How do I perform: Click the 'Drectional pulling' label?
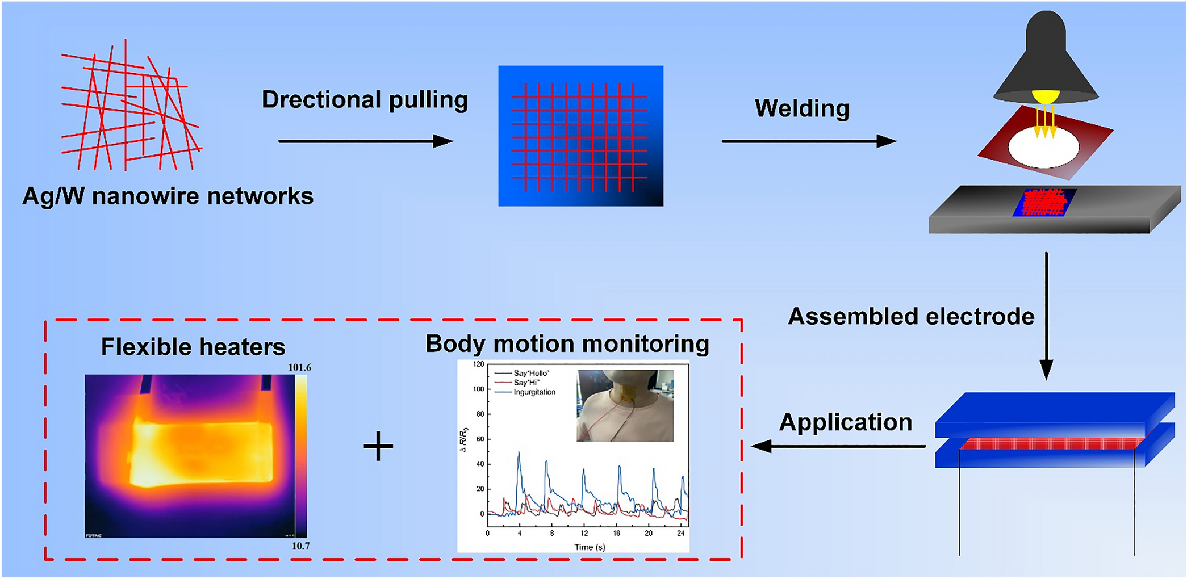pyautogui.click(x=365, y=100)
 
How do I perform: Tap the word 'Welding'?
pyautogui.click(x=802, y=108)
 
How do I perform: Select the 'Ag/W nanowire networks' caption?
pyautogui.click(x=168, y=196)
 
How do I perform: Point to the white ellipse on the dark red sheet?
pyautogui.click(x=1043, y=146)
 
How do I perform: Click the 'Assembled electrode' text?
pyautogui.click(x=911, y=317)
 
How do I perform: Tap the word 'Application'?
pyautogui.click(x=846, y=422)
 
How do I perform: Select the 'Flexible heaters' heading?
pyautogui.click(x=193, y=347)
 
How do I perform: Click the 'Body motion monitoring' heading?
pyautogui.click(x=567, y=344)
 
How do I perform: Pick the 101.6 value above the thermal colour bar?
pyautogui.click(x=299, y=367)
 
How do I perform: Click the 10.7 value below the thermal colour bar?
pyautogui.click(x=300, y=546)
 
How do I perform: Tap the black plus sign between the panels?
pyautogui.click(x=378, y=446)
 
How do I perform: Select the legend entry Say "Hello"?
pyautogui.click(x=531, y=374)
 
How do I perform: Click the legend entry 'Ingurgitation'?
pyautogui.click(x=534, y=392)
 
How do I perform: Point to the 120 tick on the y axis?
pyautogui.click(x=478, y=364)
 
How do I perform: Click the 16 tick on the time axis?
pyautogui.click(x=616, y=534)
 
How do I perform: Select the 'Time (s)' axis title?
pyautogui.click(x=590, y=547)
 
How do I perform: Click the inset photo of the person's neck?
pyautogui.click(x=625, y=405)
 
